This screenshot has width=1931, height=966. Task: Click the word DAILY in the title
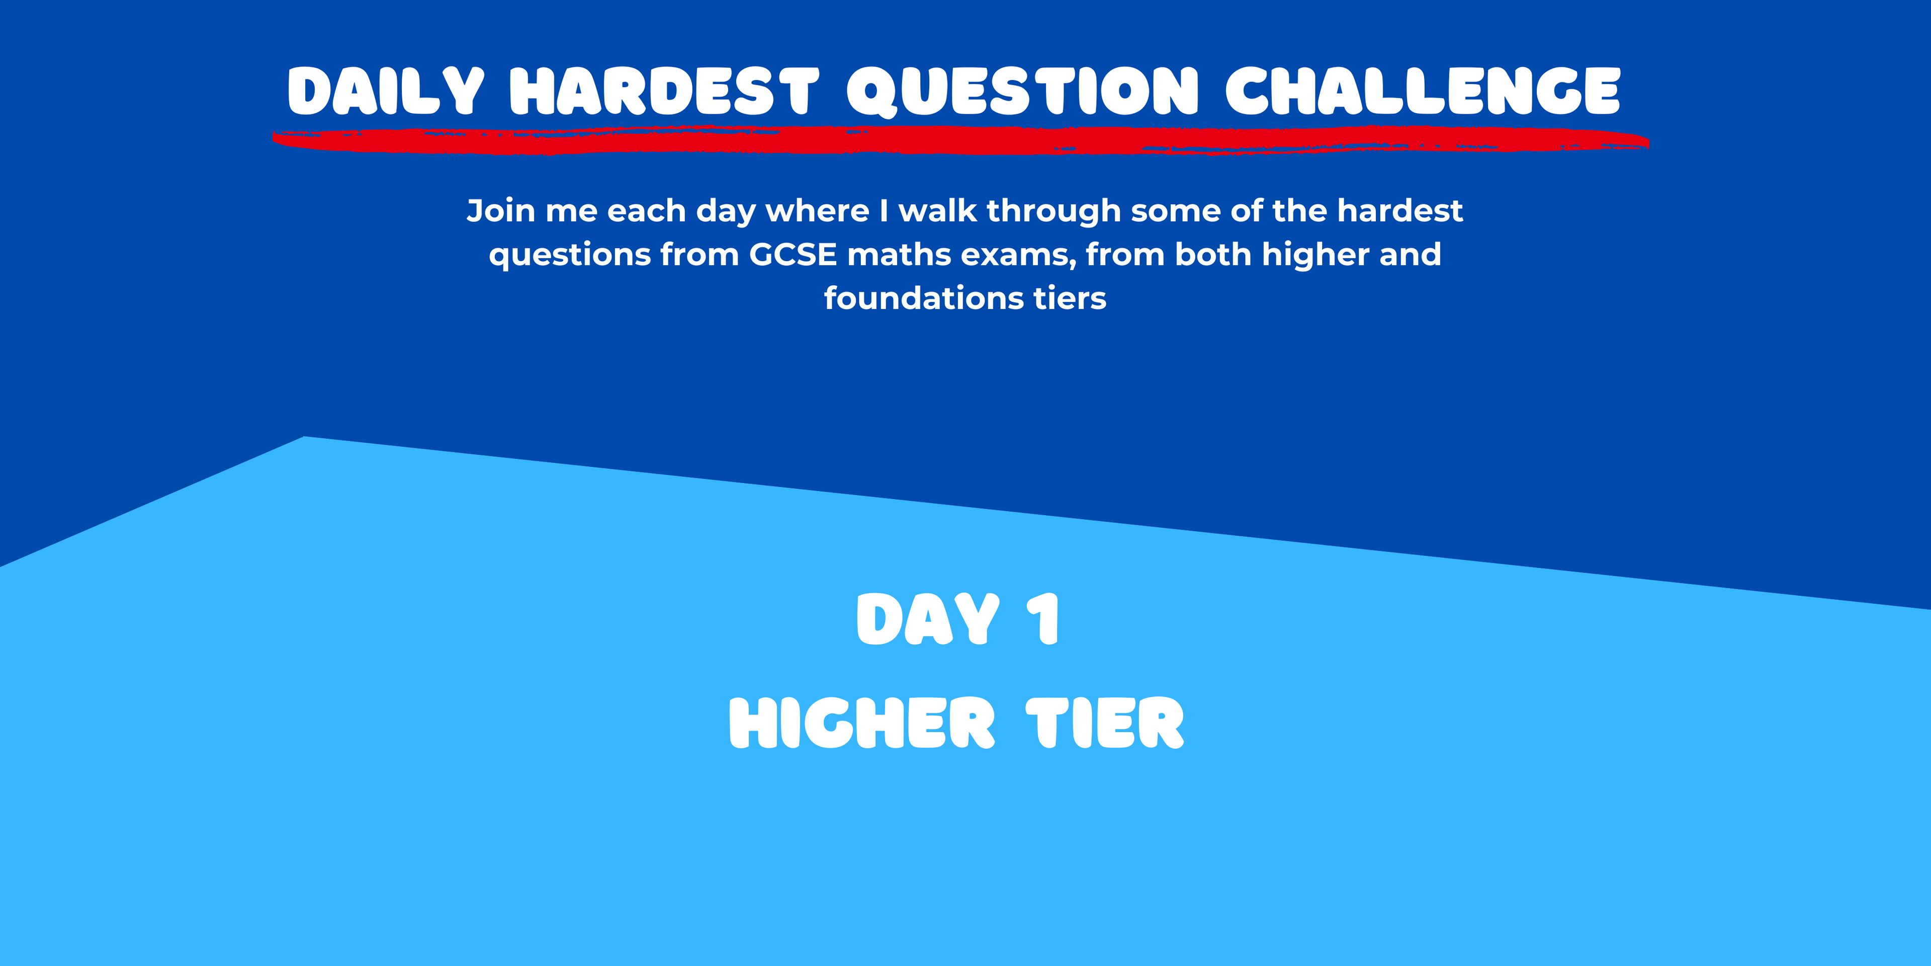coord(386,91)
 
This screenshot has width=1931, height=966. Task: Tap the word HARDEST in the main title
coord(664,91)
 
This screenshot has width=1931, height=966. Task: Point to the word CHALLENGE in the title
coord(1423,91)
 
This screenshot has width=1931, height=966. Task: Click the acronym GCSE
coord(793,255)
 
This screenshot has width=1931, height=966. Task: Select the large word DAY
coord(928,619)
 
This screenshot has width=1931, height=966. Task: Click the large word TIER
coord(1105,723)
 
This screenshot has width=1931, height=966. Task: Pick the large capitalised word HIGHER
coord(862,723)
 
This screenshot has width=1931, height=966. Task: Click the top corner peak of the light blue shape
coord(304,437)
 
